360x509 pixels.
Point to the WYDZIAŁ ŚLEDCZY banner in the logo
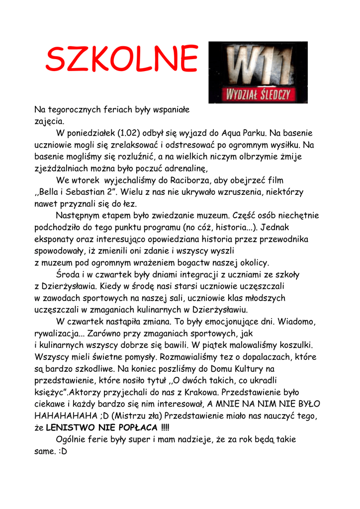(258, 94)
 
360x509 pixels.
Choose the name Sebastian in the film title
(87, 192)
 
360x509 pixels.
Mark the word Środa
(68, 274)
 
